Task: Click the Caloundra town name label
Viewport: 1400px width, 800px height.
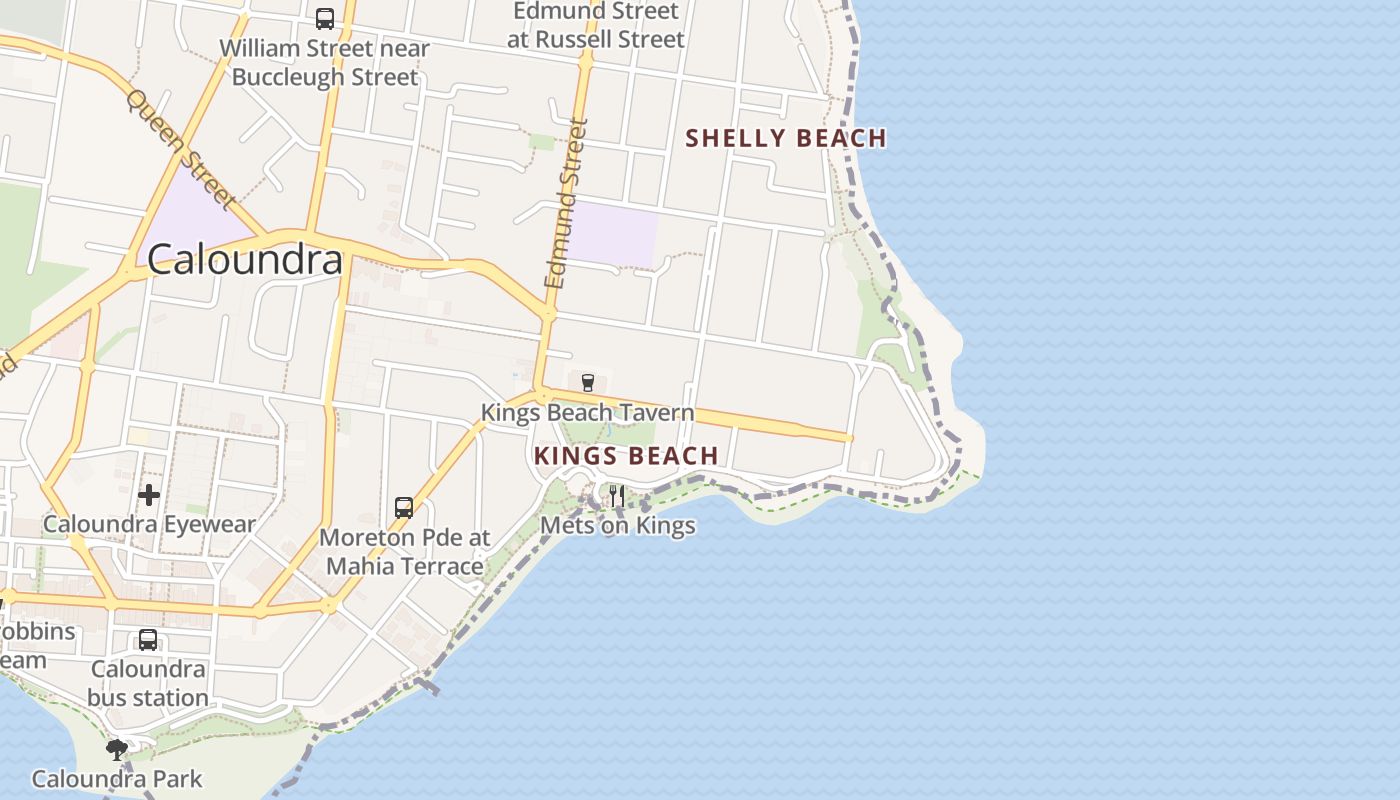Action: click(x=245, y=260)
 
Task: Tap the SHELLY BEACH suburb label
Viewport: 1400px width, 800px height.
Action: click(x=786, y=138)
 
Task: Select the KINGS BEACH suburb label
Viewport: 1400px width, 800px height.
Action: click(x=626, y=456)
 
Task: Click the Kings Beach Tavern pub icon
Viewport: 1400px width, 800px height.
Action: click(x=588, y=382)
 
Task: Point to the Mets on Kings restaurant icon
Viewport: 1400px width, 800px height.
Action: click(x=617, y=495)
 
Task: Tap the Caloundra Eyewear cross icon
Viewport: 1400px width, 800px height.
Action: click(x=149, y=494)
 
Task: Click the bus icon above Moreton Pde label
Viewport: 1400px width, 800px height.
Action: click(x=404, y=507)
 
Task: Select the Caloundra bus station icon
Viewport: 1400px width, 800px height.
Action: click(x=148, y=640)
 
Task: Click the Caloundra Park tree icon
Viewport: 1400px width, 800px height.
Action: click(x=117, y=749)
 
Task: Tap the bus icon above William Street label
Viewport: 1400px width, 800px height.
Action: click(x=324, y=18)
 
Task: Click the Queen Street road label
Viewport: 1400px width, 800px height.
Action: click(x=181, y=150)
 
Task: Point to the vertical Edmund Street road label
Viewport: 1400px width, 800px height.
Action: click(x=566, y=204)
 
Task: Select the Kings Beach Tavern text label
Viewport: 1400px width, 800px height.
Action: click(x=587, y=412)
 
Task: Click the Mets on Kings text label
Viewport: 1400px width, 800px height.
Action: click(x=617, y=525)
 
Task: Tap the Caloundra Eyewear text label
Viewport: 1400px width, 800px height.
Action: click(x=149, y=524)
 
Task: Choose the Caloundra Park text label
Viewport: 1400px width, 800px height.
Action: click(x=117, y=779)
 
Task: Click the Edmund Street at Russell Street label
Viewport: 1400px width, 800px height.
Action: click(x=595, y=25)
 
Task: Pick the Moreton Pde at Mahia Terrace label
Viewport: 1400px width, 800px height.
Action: click(x=405, y=552)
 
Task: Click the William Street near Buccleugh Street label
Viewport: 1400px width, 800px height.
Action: click(x=324, y=62)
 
